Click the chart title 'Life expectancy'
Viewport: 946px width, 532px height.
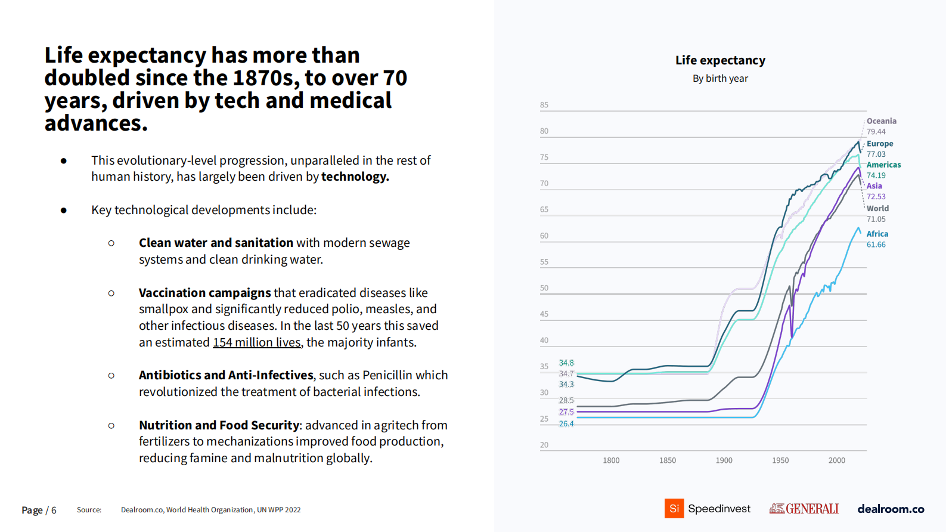click(x=720, y=60)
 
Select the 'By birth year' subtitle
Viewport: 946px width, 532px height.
click(x=720, y=79)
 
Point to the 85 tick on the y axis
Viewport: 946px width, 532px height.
click(x=544, y=105)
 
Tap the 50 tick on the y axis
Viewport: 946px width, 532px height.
click(x=544, y=288)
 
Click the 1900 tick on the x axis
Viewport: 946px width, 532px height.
click(x=724, y=460)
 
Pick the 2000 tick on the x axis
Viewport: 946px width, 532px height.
click(x=837, y=460)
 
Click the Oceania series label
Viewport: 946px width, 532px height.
click(x=881, y=121)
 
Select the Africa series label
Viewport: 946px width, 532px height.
click(x=877, y=234)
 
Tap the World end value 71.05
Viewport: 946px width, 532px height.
click(x=876, y=219)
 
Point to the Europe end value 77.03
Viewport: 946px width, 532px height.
click(x=876, y=154)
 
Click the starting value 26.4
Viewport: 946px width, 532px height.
click(x=566, y=424)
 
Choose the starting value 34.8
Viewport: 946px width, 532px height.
click(x=566, y=363)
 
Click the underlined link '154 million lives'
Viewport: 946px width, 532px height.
click(x=257, y=342)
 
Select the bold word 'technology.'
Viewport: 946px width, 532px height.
click(x=355, y=177)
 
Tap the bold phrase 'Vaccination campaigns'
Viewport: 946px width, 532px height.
click(x=205, y=293)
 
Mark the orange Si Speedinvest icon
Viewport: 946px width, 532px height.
click(x=674, y=509)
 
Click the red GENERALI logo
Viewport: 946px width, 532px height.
click(x=804, y=509)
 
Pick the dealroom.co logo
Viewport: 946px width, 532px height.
click(x=891, y=509)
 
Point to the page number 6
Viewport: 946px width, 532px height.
click(x=54, y=511)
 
